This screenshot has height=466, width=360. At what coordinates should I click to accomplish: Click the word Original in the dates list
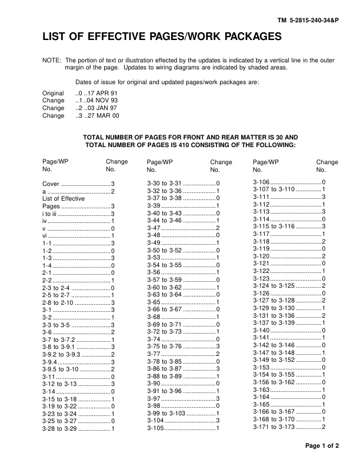pos(53,94)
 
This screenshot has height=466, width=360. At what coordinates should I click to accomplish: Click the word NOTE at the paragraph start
pos(52,60)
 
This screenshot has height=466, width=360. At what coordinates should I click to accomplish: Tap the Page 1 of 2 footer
pos(322,445)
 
